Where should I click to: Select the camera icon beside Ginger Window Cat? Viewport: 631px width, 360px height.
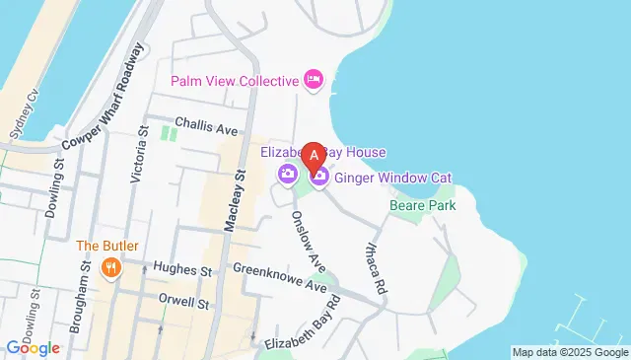(319, 177)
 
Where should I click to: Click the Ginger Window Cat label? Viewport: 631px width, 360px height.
(392, 178)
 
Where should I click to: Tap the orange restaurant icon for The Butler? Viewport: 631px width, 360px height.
(111, 265)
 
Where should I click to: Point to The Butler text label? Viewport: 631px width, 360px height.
(111, 246)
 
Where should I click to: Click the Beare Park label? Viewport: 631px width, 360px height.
(421, 206)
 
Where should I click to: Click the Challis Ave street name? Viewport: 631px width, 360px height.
(207, 128)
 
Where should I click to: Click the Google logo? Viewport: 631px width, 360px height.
(33, 348)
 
